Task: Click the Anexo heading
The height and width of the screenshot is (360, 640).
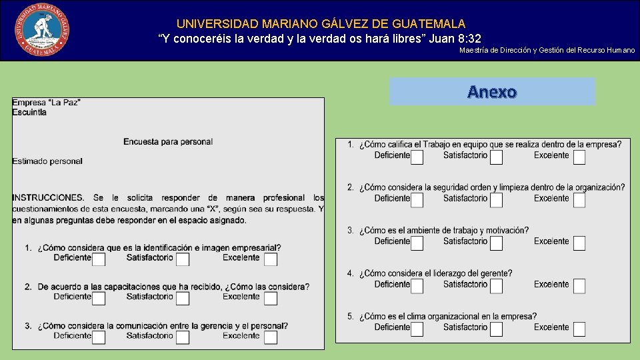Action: (492, 92)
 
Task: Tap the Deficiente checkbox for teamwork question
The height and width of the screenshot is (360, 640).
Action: (417, 157)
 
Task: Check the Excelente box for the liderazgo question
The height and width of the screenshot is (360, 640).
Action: (579, 286)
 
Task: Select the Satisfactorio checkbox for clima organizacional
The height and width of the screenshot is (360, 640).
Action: (496, 329)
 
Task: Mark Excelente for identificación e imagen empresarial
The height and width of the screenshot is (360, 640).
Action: (270, 259)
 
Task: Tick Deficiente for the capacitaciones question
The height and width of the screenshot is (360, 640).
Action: (99, 298)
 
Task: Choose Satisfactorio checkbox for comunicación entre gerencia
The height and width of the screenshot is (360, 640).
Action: (183, 337)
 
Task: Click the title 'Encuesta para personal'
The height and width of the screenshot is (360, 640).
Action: (168, 141)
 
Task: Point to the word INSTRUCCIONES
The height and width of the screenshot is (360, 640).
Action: (48, 197)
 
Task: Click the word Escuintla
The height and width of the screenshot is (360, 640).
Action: (29, 112)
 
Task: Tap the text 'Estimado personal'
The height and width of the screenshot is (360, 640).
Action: (47, 161)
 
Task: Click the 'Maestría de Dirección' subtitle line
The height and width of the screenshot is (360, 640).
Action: (547, 51)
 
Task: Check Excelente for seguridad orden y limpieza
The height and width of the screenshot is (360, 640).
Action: (579, 200)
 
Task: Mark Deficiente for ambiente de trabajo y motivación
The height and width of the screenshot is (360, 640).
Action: (417, 243)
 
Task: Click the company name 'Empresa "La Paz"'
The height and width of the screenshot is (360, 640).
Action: (46, 102)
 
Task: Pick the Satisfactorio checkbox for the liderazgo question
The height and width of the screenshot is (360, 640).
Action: (496, 286)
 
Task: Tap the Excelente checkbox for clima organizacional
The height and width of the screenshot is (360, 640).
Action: (579, 329)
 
